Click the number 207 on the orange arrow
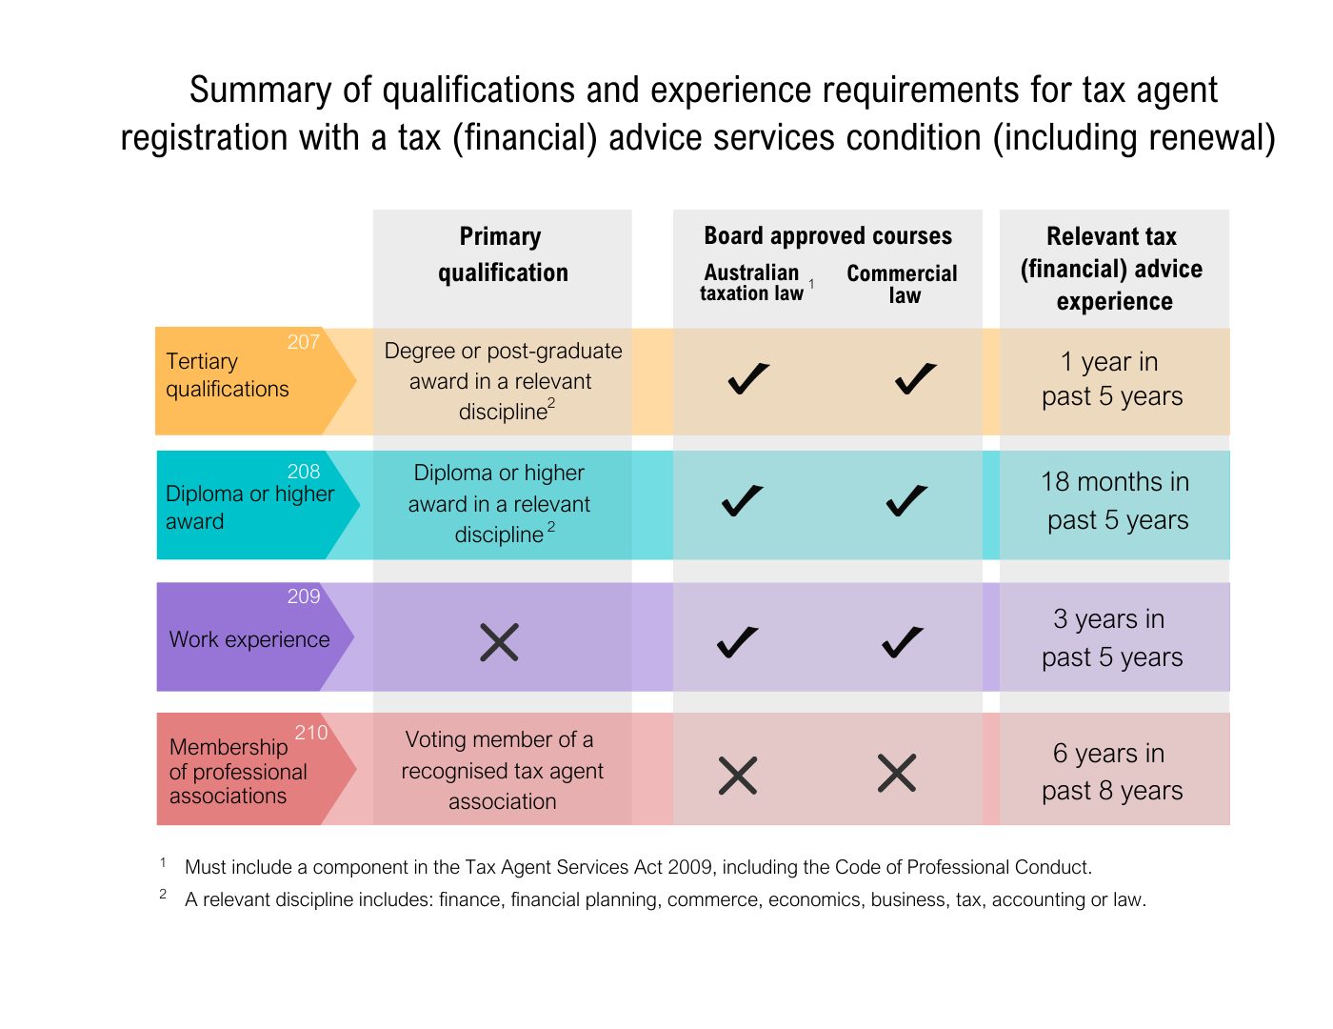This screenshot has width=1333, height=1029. (304, 342)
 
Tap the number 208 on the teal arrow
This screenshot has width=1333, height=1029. (304, 472)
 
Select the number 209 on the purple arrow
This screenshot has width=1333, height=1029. (304, 596)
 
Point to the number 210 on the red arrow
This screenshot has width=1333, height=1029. (311, 733)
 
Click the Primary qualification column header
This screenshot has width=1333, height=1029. (502, 254)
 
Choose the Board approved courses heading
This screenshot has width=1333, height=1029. (827, 236)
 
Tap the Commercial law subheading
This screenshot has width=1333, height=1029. (903, 284)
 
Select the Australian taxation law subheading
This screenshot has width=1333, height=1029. (752, 283)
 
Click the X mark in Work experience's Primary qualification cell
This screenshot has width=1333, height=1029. (499, 642)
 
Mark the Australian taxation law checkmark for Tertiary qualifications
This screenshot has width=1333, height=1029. (748, 378)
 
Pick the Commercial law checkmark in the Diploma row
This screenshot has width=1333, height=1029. (906, 500)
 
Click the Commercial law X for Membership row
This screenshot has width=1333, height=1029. (897, 773)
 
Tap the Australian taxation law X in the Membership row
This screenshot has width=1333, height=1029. (738, 776)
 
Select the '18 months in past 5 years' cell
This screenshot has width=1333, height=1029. (1115, 501)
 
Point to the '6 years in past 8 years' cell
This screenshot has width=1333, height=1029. (1112, 772)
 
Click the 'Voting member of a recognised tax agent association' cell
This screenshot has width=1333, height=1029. (502, 770)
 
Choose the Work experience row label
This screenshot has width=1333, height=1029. (249, 639)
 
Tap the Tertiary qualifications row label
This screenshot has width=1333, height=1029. (228, 375)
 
